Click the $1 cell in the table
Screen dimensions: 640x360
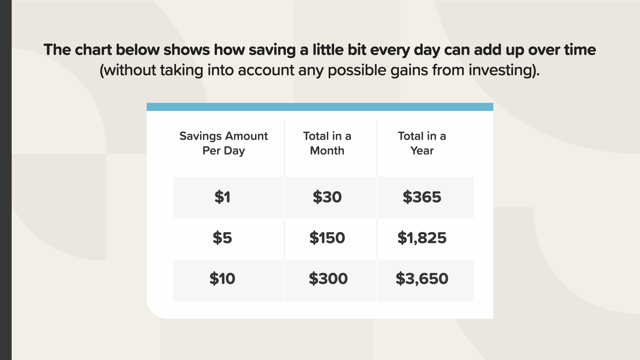click(x=222, y=197)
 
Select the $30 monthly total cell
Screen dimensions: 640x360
click(x=327, y=197)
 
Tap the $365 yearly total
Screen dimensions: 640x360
click(x=422, y=197)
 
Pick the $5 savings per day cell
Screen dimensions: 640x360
click(x=222, y=238)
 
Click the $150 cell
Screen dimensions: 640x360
click(x=327, y=238)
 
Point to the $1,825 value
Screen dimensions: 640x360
click(x=422, y=238)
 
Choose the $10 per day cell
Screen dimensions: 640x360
click(x=222, y=279)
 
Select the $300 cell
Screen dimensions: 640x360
click(x=328, y=279)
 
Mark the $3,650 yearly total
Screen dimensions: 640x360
click(x=422, y=279)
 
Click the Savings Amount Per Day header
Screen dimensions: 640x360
click(x=224, y=143)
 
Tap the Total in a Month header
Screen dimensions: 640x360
click(x=327, y=143)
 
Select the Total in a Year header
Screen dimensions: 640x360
click(x=422, y=143)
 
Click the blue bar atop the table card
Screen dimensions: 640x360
click(x=320, y=107)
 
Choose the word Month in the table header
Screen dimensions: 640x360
click(x=327, y=151)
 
